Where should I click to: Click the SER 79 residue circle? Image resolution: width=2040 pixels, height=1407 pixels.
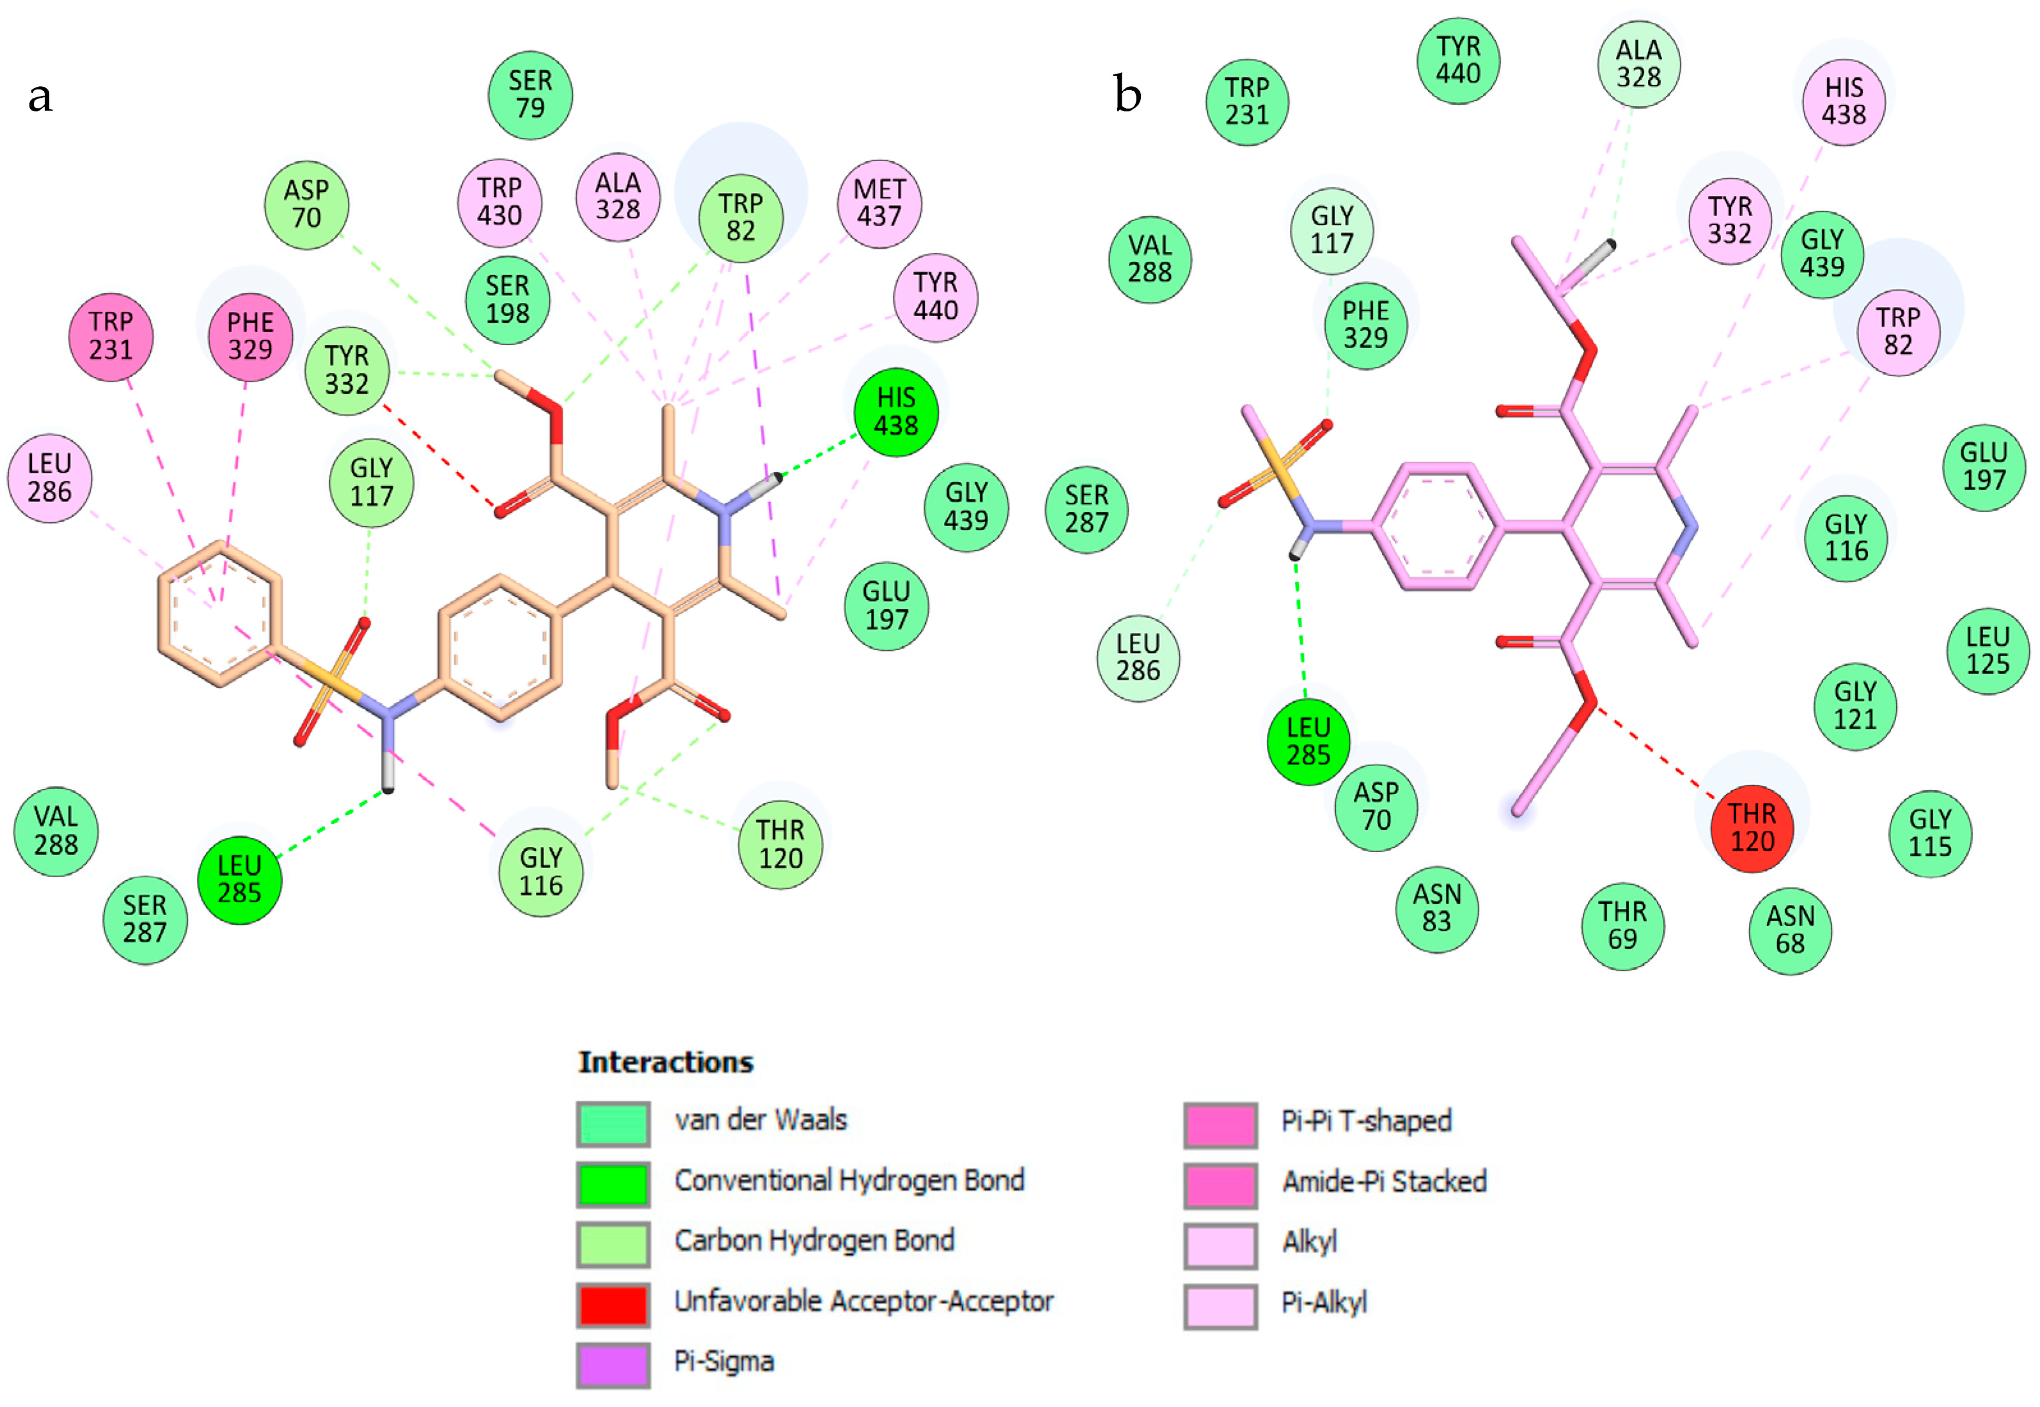coord(530,95)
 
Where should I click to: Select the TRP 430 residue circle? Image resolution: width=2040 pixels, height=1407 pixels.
coord(499,202)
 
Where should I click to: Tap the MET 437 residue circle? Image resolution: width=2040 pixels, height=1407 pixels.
coord(879,203)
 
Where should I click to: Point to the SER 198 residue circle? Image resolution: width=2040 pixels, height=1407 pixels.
coord(507,300)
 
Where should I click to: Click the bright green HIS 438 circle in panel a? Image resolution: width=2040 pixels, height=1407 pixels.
coord(896,412)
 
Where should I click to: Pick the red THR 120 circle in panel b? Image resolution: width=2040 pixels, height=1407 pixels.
coord(1752,828)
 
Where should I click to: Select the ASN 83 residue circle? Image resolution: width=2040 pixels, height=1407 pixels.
coord(1437,908)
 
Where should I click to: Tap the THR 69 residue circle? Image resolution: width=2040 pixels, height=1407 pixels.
coord(1623,926)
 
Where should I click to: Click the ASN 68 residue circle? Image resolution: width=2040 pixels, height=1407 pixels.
coord(1789,930)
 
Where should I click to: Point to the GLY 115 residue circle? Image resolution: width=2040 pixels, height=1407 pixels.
coord(1930,833)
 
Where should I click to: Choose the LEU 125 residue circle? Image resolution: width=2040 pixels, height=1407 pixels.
coord(1987,651)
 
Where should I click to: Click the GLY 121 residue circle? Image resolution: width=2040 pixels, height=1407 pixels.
coord(1855,705)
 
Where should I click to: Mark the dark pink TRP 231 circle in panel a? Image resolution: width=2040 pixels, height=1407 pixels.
coord(111,336)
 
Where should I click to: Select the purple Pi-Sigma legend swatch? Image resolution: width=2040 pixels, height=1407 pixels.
coord(613,1364)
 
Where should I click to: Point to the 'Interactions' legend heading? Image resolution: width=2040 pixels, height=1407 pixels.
coord(666,1062)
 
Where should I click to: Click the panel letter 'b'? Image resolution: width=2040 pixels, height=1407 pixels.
coord(1127,95)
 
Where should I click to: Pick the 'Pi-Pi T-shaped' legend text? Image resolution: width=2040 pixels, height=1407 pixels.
coord(1366,1121)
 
